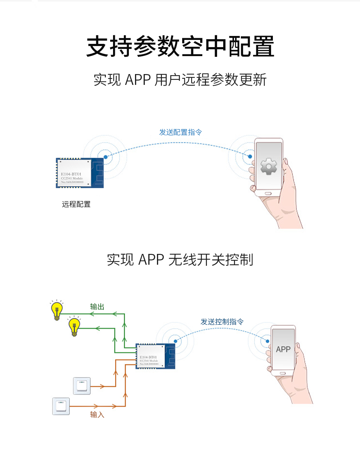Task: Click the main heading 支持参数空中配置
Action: (x=180, y=46)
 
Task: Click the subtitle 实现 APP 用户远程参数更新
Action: (x=180, y=80)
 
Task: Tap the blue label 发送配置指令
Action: (x=180, y=132)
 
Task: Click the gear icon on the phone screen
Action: (x=269, y=166)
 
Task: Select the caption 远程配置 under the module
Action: (x=76, y=204)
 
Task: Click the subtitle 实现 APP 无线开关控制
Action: (x=180, y=260)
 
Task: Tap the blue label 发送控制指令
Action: (x=222, y=322)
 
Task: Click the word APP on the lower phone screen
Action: (x=283, y=349)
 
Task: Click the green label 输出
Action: (x=97, y=306)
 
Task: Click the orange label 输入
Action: (x=97, y=415)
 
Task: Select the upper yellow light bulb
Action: (x=57, y=310)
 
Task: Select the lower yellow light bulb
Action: (x=74, y=327)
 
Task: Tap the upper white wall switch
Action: (x=82, y=386)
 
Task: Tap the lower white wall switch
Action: (x=61, y=406)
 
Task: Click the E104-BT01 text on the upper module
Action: (x=71, y=174)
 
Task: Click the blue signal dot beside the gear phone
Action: (x=250, y=156)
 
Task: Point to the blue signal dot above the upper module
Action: (x=105, y=157)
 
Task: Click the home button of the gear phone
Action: (x=268, y=193)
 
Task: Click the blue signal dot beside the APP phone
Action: (x=267, y=341)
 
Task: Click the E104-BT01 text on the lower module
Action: (x=148, y=357)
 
